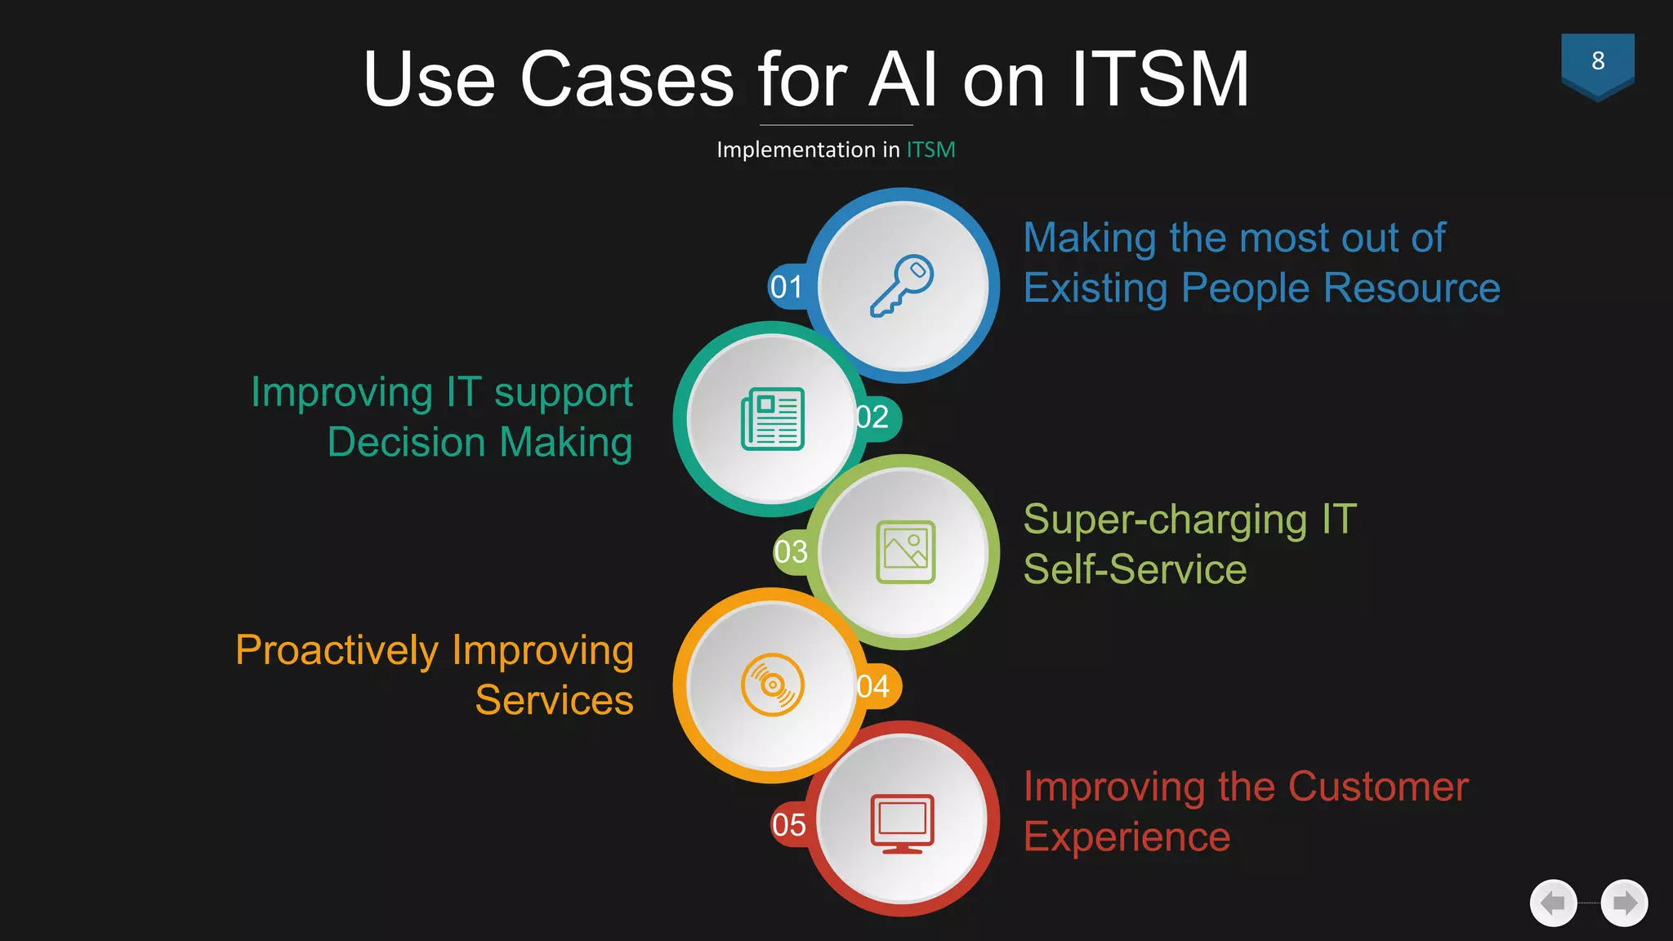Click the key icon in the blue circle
(x=902, y=285)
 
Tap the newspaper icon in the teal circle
(x=773, y=419)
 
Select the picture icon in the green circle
(x=905, y=552)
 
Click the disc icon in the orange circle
(x=773, y=685)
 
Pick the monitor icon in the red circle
(x=902, y=823)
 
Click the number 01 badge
(x=787, y=287)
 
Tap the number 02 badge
(x=873, y=417)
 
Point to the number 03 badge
(x=791, y=552)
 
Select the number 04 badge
(x=873, y=686)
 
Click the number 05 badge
(x=789, y=825)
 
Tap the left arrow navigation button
(x=1552, y=903)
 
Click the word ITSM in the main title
(x=1160, y=79)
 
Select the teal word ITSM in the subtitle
(x=930, y=150)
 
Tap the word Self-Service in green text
(x=1135, y=569)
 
